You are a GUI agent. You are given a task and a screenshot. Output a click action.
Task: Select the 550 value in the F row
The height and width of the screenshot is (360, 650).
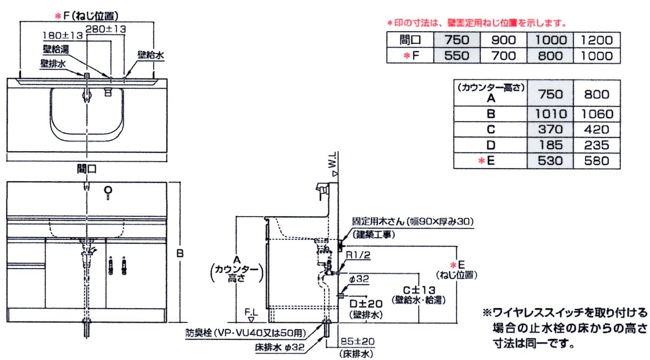(456, 56)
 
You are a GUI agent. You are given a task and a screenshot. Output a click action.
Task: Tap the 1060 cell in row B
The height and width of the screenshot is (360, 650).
(596, 114)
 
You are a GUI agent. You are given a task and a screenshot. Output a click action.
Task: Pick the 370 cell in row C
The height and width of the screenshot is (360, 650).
(550, 130)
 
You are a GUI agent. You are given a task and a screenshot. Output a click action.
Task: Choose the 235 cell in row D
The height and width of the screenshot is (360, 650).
(596, 145)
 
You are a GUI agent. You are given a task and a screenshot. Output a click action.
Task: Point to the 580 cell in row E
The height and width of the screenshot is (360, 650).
(596, 161)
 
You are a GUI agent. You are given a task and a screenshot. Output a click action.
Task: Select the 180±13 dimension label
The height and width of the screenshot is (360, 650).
(62, 36)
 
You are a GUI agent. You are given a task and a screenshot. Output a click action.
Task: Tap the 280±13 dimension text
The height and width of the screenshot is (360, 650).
(106, 29)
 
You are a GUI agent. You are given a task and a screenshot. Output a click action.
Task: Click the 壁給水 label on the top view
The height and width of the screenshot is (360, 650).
(150, 56)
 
